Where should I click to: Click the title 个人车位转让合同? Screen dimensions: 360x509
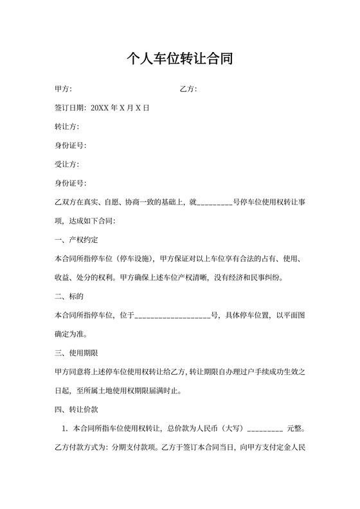pyautogui.click(x=179, y=60)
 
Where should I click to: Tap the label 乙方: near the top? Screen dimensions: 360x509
pyautogui.click(x=188, y=89)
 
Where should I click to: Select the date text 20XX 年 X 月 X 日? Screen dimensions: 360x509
pyautogui.click(x=121, y=108)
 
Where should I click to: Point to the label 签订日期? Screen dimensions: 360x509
pyautogui.click(x=71, y=108)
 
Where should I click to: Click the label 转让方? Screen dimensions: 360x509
pyautogui.click(x=67, y=127)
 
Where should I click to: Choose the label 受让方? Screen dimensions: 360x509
pyautogui.click(x=67, y=164)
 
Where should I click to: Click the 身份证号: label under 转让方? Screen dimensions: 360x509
pyautogui.click(x=71, y=145)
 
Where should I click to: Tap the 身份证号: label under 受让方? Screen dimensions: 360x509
pyautogui.click(x=71, y=183)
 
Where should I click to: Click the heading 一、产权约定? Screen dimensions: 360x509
pyautogui.click(x=76, y=240)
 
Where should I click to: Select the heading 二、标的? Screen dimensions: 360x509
pyautogui.click(x=69, y=296)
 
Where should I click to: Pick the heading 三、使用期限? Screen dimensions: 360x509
pyautogui.click(x=76, y=353)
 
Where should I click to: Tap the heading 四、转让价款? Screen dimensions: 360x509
pyautogui.click(x=76, y=409)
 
